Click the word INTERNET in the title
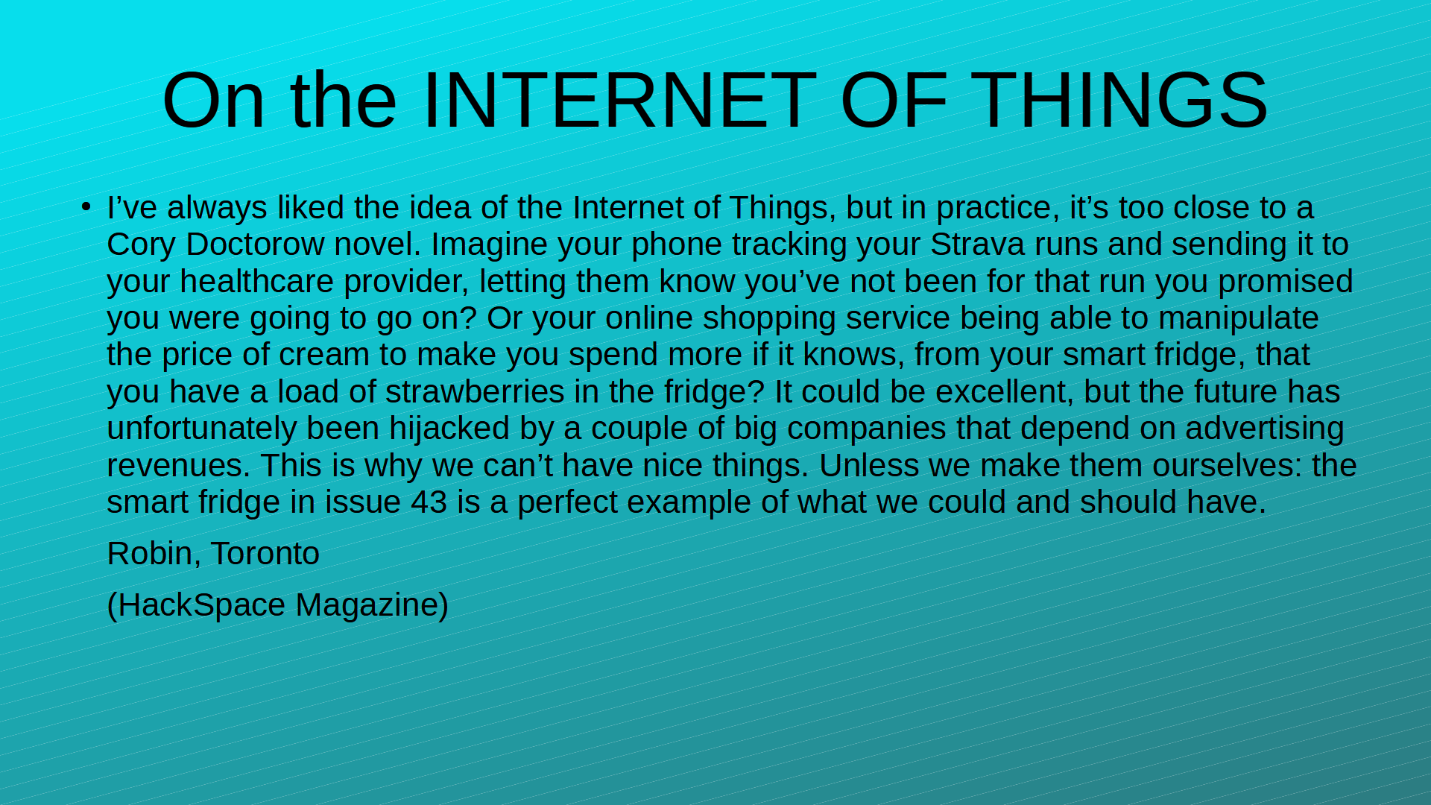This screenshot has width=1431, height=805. [619, 100]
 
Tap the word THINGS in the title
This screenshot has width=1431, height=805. [1119, 100]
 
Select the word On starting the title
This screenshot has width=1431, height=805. [213, 100]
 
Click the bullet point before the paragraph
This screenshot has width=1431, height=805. [86, 206]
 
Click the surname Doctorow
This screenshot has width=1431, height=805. [255, 244]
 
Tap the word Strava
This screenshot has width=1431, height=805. [977, 244]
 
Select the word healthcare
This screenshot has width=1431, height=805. [256, 282]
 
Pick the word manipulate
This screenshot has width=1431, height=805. [1239, 319]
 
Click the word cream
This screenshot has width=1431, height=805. [324, 356]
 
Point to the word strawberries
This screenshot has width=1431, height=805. [475, 392]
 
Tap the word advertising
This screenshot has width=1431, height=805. [1265, 429]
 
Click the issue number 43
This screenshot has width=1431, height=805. [429, 502]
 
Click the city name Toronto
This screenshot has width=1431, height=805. [265, 554]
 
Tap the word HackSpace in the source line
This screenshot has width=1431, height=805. [201, 605]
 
